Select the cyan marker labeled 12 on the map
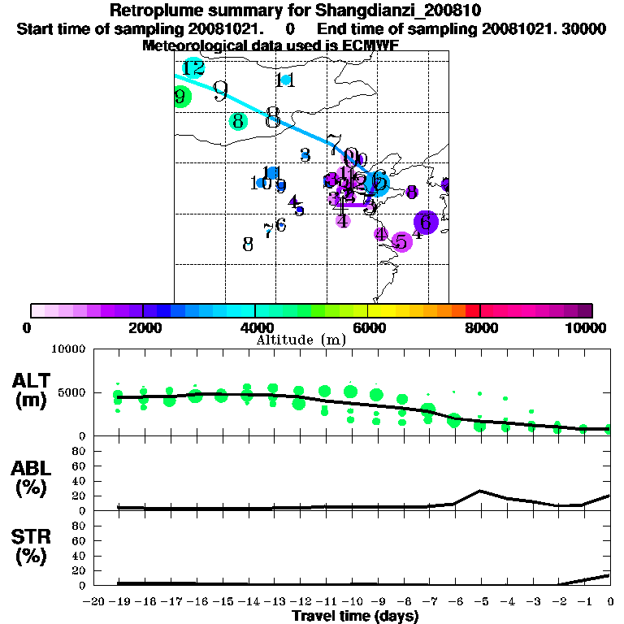pos(193,68)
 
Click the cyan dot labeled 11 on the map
pos(285,80)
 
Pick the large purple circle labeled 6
pos(426,222)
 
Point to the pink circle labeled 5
pos(400,241)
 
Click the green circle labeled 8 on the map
pos(238,122)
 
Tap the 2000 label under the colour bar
pos(142,327)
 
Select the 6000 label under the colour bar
pos(367,327)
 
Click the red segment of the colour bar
pos(472,310)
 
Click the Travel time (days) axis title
pos(355,617)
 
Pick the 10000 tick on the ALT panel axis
pos(68,349)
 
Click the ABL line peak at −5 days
pos(481,491)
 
